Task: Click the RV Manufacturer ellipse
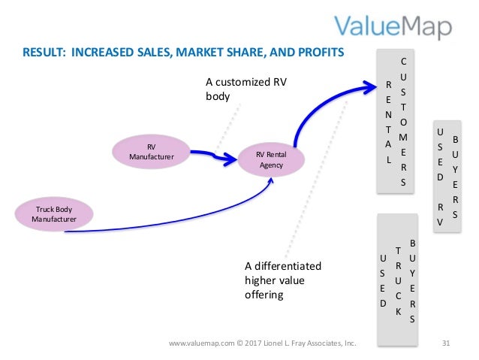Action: click(x=151, y=152)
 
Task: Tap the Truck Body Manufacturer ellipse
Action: click(x=54, y=213)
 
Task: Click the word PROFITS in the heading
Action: click(x=319, y=53)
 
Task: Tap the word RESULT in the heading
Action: click(x=42, y=53)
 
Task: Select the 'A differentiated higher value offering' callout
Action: click(x=282, y=280)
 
